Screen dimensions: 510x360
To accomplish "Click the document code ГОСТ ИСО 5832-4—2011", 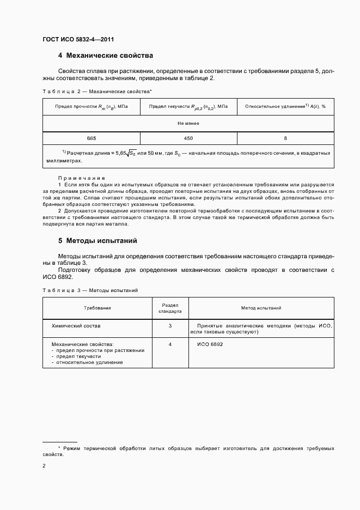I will (78, 39).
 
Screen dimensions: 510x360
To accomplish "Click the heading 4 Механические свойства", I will (106, 56).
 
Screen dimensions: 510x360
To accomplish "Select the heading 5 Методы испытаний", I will (97, 240).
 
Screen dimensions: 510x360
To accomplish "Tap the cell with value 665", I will (91, 138).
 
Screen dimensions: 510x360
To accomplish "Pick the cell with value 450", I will (188, 138).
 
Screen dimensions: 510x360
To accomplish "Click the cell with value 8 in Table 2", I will (285, 138).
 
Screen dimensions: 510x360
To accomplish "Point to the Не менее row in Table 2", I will (188, 123).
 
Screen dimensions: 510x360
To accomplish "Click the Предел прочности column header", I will (91, 107).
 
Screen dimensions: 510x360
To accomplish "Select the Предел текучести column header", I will (188, 107).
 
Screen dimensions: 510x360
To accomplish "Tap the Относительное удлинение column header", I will (285, 107).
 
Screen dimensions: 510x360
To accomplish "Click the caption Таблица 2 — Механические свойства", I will (97, 92).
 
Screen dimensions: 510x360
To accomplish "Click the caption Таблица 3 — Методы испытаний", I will (90, 290).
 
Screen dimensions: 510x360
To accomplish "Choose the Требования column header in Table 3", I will (97, 308).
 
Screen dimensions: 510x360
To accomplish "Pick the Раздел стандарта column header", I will (170, 308).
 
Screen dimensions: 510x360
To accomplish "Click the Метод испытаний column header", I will (261, 308).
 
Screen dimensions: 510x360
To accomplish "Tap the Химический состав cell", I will (76, 325).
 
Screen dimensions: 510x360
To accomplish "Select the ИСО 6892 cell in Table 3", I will (210, 344).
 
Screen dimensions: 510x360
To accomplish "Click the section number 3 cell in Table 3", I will (170, 325).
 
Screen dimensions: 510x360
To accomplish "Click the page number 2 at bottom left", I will (44, 466).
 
